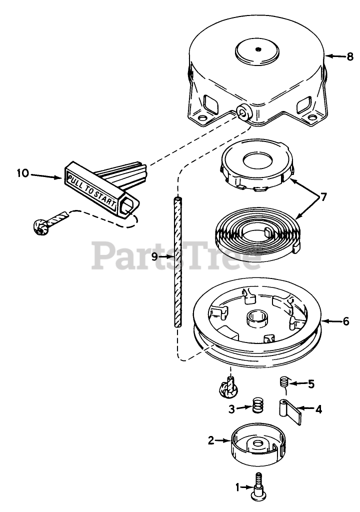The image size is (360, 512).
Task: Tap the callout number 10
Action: (x=22, y=174)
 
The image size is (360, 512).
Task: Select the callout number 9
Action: (x=154, y=256)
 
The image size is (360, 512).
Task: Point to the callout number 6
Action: (x=345, y=321)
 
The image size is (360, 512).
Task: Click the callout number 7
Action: (x=323, y=196)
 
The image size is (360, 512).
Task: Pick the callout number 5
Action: (x=311, y=384)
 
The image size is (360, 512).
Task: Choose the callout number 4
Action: (x=318, y=408)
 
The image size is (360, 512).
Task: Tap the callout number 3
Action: (x=231, y=408)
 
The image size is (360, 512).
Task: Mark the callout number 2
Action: (x=210, y=440)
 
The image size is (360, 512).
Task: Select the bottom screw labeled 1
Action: (x=259, y=487)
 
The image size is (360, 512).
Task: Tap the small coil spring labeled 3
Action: (x=256, y=405)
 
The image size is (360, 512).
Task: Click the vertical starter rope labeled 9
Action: (x=176, y=262)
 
